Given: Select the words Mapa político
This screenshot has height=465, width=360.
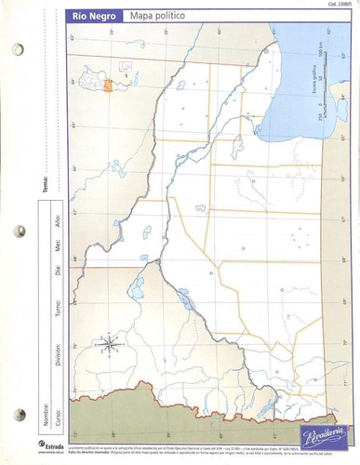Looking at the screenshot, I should click(156, 17).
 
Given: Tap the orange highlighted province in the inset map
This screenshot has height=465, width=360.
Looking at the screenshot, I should click(109, 86).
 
